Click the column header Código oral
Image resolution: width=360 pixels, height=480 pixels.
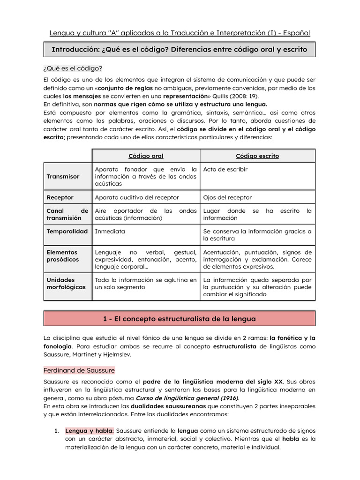(146, 156)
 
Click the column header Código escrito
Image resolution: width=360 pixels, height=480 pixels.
(257, 156)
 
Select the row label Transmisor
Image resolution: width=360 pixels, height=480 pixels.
(63, 176)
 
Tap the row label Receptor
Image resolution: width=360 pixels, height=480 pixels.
(60, 197)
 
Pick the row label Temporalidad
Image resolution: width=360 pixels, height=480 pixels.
(67, 232)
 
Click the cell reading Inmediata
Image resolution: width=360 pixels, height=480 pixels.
(110, 232)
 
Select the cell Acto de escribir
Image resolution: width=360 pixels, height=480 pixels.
(225, 169)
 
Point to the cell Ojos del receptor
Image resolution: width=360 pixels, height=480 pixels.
(227, 197)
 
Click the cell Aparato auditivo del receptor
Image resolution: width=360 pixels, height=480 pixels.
(137, 197)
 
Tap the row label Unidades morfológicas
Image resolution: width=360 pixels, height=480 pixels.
(66, 284)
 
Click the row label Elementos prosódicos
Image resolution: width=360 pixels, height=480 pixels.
(63, 256)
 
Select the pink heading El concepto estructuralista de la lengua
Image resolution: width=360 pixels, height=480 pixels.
(180, 319)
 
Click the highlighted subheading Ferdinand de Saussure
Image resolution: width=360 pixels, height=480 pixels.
(79, 370)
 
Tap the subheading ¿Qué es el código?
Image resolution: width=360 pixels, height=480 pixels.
(73, 68)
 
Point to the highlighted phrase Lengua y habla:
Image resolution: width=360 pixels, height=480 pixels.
(90, 431)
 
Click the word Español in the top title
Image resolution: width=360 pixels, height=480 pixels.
(297, 33)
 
